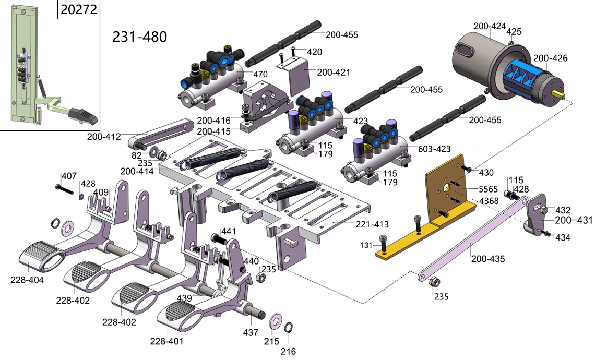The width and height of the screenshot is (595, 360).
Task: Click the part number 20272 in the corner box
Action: (x=79, y=10)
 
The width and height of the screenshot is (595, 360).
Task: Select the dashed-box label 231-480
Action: (x=138, y=37)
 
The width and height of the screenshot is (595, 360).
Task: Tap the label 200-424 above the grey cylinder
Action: (x=490, y=26)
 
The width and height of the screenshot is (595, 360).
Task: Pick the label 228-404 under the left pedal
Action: (x=27, y=280)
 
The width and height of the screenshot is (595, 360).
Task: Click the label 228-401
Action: (x=166, y=341)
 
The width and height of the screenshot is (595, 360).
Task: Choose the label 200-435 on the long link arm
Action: (x=488, y=258)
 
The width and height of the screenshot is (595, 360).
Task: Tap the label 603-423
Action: (x=434, y=149)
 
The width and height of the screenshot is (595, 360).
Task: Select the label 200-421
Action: (x=334, y=72)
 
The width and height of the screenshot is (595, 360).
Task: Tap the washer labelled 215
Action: (x=275, y=320)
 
